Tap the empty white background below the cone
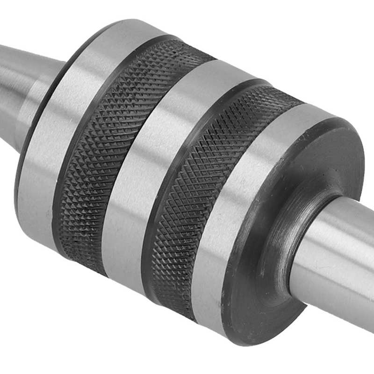point(47,304)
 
